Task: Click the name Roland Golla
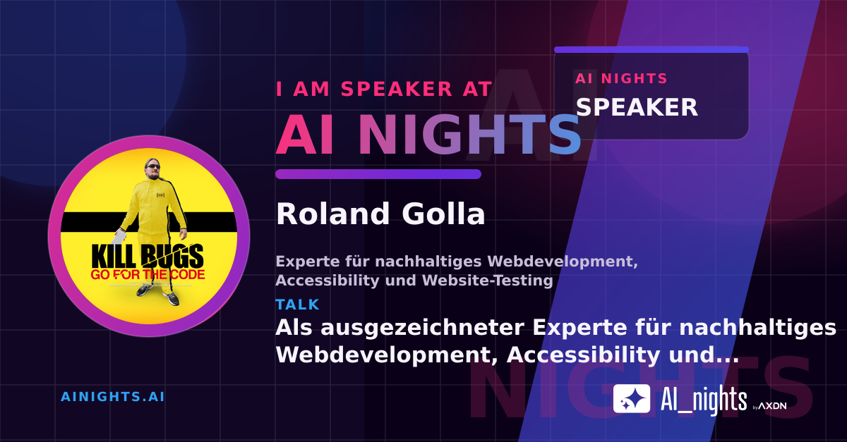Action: pos(380,214)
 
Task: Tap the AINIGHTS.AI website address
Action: pos(113,397)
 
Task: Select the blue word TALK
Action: pos(298,305)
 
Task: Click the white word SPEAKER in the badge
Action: pos(637,107)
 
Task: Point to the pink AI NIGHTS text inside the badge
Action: pos(621,78)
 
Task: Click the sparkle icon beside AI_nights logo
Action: pos(632,398)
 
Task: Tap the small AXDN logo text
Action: pos(772,406)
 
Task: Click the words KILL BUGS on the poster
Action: pos(148,257)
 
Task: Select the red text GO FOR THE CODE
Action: pos(148,275)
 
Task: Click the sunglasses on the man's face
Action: pos(153,166)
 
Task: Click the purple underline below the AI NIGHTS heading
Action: pos(378,174)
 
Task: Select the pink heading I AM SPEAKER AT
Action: pos(384,89)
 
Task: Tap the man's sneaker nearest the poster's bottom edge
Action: pos(172,300)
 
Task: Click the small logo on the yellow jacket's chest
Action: pos(160,195)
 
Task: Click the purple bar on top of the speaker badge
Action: pos(651,50)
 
